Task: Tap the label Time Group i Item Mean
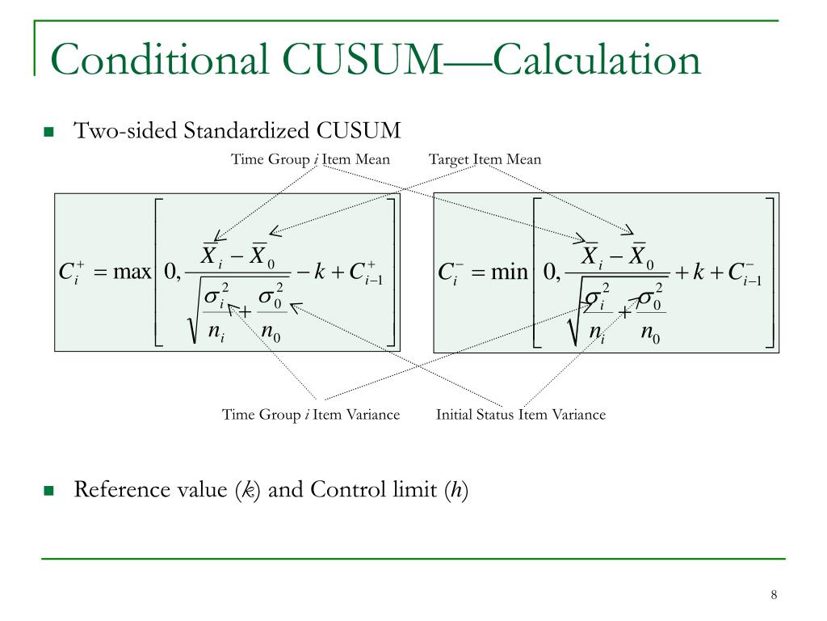tap(310, 159)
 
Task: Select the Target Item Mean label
tap(485, 159)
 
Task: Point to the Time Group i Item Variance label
tap(311, 415)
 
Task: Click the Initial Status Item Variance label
tap(520, 415)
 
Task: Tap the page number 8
tap(774, 596)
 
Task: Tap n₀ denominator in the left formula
tap(271, 335)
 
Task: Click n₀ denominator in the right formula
tap(651, 335)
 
